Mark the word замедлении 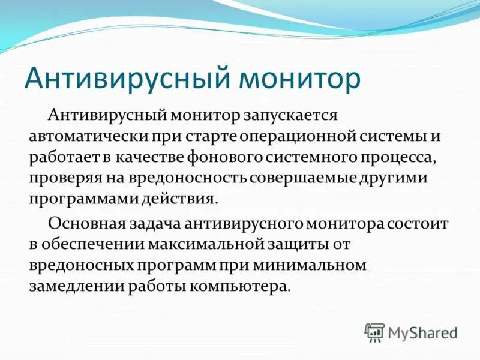click(76, 286)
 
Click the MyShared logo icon click(375, 332)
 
